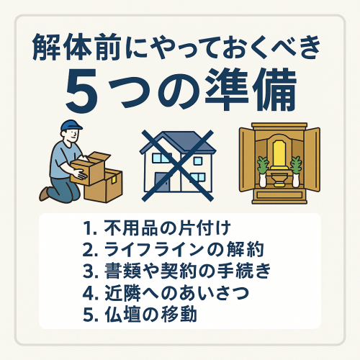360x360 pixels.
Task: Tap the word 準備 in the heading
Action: [251, 90]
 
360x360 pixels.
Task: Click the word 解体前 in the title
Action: [76, 47]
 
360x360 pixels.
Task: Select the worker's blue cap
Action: [71, 125]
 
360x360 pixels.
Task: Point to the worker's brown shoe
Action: [44, 194]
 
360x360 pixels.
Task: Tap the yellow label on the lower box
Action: [112, 179]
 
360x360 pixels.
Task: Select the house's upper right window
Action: [198, 161]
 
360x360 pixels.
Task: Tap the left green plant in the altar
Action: [263, 165]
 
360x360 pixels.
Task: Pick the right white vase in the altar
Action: [295, 180]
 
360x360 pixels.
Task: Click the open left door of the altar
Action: [247, 159]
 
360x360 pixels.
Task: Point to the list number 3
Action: [88, 271]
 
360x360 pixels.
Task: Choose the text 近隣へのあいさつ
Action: [176, 293]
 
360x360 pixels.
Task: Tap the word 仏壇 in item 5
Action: [122, 315]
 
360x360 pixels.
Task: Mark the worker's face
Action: [73, 135]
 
